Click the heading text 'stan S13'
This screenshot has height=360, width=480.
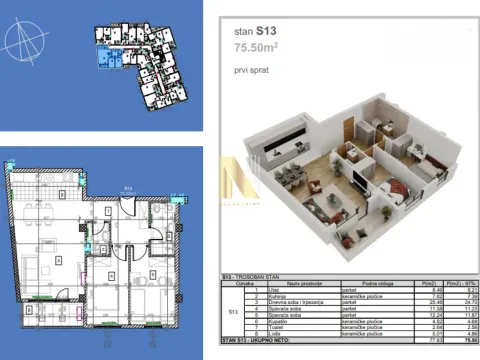pyautogui.click(x=255, y=32)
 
